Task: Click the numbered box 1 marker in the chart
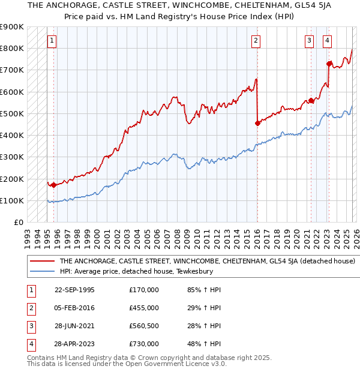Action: point(53,41)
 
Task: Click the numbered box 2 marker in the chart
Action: point(256,41)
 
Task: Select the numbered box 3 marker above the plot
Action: point(309,41)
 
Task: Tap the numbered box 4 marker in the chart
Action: point(327,41)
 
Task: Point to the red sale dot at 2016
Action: point(257,123)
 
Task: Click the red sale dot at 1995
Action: point(53,185)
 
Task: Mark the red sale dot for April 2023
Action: point(329,63)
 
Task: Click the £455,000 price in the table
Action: point(144,307)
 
